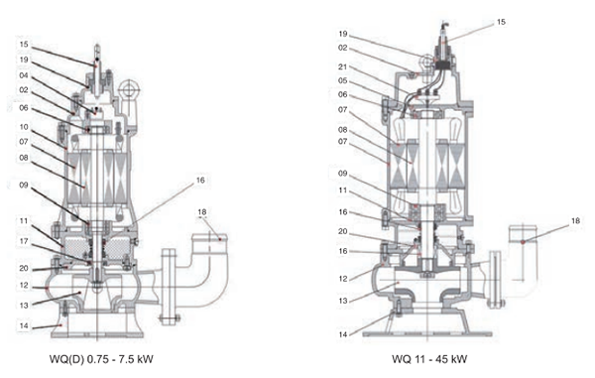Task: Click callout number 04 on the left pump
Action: tap(24, 75)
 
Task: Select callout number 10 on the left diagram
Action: tap(24, 127)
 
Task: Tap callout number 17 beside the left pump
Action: tap(24, 241)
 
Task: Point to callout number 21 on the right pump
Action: tap(343, 66)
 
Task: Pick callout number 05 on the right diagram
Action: tap(343, 80)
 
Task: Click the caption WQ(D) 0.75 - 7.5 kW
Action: tap(101, 359)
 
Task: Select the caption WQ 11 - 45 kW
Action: tap(429, 359)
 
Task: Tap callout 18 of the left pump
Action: tap(202, 212)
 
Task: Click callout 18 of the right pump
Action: tap(575, 221)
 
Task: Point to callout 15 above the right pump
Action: tap(501, 22)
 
